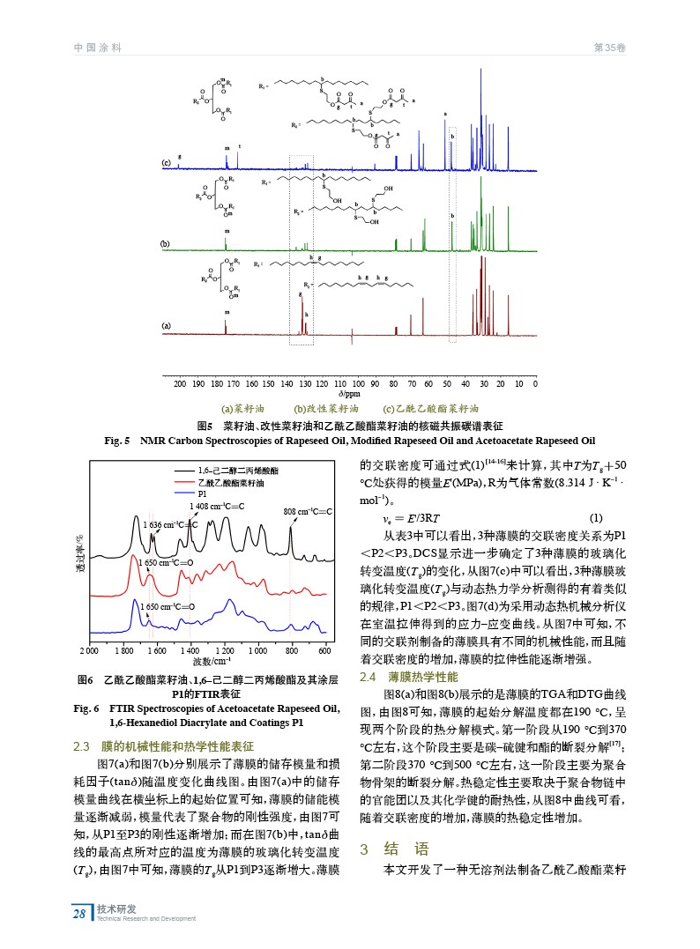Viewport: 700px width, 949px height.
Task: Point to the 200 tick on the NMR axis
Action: click(180, 384)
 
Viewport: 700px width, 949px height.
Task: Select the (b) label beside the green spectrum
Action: click(165, 242)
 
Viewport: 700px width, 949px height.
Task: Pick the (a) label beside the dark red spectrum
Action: click(165, 325)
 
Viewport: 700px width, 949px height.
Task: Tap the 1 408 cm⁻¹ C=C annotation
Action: click(218, 506)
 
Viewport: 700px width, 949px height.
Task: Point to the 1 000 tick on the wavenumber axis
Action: click(258, 651)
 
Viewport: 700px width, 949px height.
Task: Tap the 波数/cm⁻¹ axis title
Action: click(212, 661)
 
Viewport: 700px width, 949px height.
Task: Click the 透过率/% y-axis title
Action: click(78, 560)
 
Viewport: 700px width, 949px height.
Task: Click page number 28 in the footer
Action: click(78, 913)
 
